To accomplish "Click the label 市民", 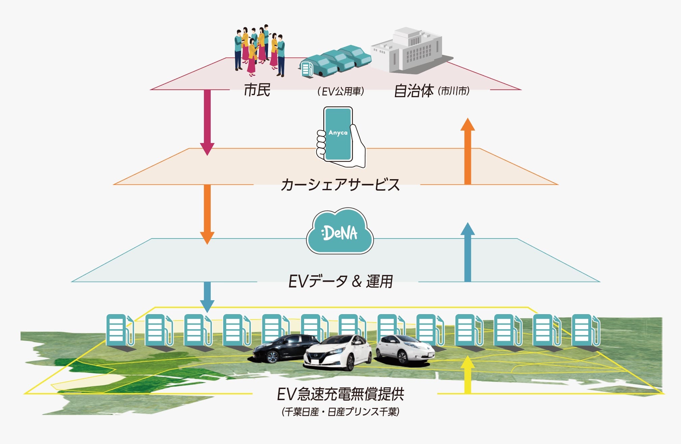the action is click(257, 90).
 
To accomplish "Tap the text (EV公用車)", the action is click(340, 91).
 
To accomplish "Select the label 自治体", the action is click(414, 91).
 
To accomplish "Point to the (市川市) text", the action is click(453, 90).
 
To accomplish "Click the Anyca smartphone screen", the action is click(338, 134).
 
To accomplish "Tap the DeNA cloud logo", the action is click(340, 231).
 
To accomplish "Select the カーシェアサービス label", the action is click(340, 185).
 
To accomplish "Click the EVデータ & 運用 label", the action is click(340, 281).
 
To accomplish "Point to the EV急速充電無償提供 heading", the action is click(340, 394).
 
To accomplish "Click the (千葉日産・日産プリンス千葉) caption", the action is click(340, 412).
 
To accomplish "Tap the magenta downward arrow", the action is click(207, 122).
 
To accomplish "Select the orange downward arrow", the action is click(207, 214).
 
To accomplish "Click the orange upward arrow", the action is click(468, 151).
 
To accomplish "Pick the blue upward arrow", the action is click(468, 252).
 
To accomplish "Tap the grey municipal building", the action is click(410, 51).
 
